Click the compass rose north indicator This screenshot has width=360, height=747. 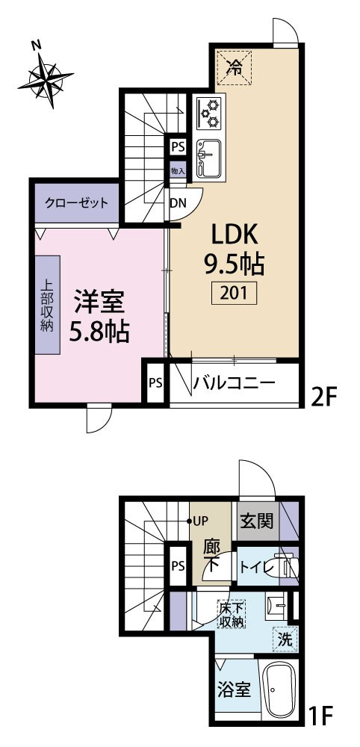pos(46,80)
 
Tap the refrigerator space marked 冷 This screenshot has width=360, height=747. pos(233,67)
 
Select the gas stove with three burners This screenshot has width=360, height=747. pos(209,113)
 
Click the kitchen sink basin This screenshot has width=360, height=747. pos(208,158)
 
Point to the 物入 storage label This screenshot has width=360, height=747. pos(178,170)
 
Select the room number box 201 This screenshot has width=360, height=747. pos(234,293)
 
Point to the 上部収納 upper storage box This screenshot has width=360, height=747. pos(47,305)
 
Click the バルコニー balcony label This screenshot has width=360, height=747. pos(234,382)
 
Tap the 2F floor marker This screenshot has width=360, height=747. pos(324,395)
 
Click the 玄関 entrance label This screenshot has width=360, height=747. pos(257,521)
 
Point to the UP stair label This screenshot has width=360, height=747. pos(199,521)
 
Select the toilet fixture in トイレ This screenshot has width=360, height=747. pos(285,566)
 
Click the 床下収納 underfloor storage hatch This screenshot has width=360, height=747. pos(232,614)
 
